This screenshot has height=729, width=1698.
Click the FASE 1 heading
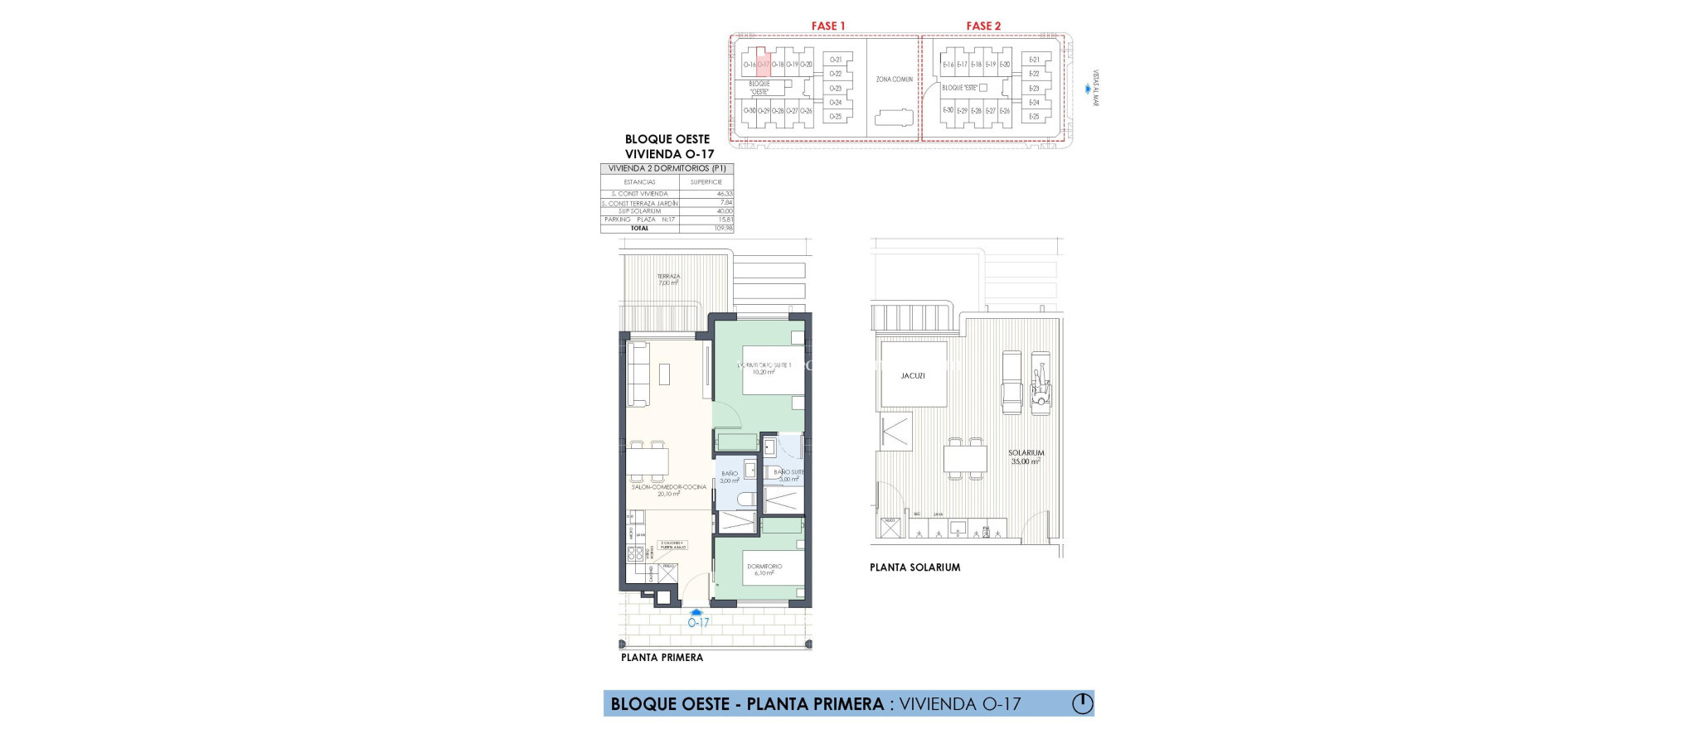coord(827,27)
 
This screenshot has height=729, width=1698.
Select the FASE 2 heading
coord(982,27)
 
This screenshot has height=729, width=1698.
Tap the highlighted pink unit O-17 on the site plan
coord(764,65)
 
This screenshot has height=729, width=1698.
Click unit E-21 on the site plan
coord(1034,60)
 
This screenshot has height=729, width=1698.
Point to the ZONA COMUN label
coord(894,80)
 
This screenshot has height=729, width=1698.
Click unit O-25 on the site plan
coord(835,117)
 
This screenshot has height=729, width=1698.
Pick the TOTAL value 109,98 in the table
coord(723,228)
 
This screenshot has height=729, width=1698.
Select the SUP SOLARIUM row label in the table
coord(639,211)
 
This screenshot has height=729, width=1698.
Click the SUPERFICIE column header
coord(706,181)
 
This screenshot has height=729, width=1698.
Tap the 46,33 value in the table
coord(724,194)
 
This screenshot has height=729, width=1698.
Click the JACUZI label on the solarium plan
coord(912,376)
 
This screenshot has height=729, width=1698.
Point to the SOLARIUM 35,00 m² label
coord(1026,457)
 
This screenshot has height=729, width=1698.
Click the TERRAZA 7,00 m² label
coord(668,280)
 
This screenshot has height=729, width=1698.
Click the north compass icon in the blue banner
coord(1082,703)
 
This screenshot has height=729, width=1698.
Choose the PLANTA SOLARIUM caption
coord(914,567)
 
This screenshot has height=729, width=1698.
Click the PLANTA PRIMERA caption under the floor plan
coord(662,658)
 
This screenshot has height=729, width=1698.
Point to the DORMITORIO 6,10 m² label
coord(764,569)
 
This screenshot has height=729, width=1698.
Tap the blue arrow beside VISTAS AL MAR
coord(1087,89)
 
